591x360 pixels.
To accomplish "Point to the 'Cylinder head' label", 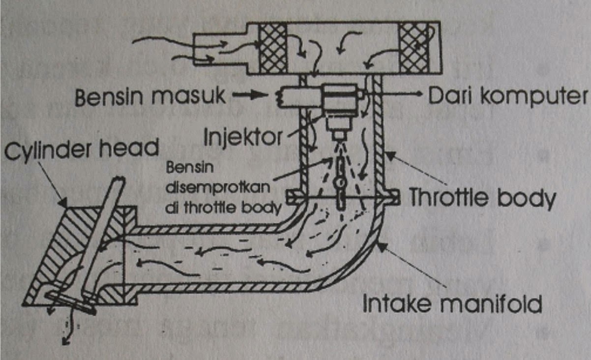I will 81,146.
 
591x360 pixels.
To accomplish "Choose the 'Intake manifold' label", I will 452,303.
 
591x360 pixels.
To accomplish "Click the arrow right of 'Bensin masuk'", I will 244,96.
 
